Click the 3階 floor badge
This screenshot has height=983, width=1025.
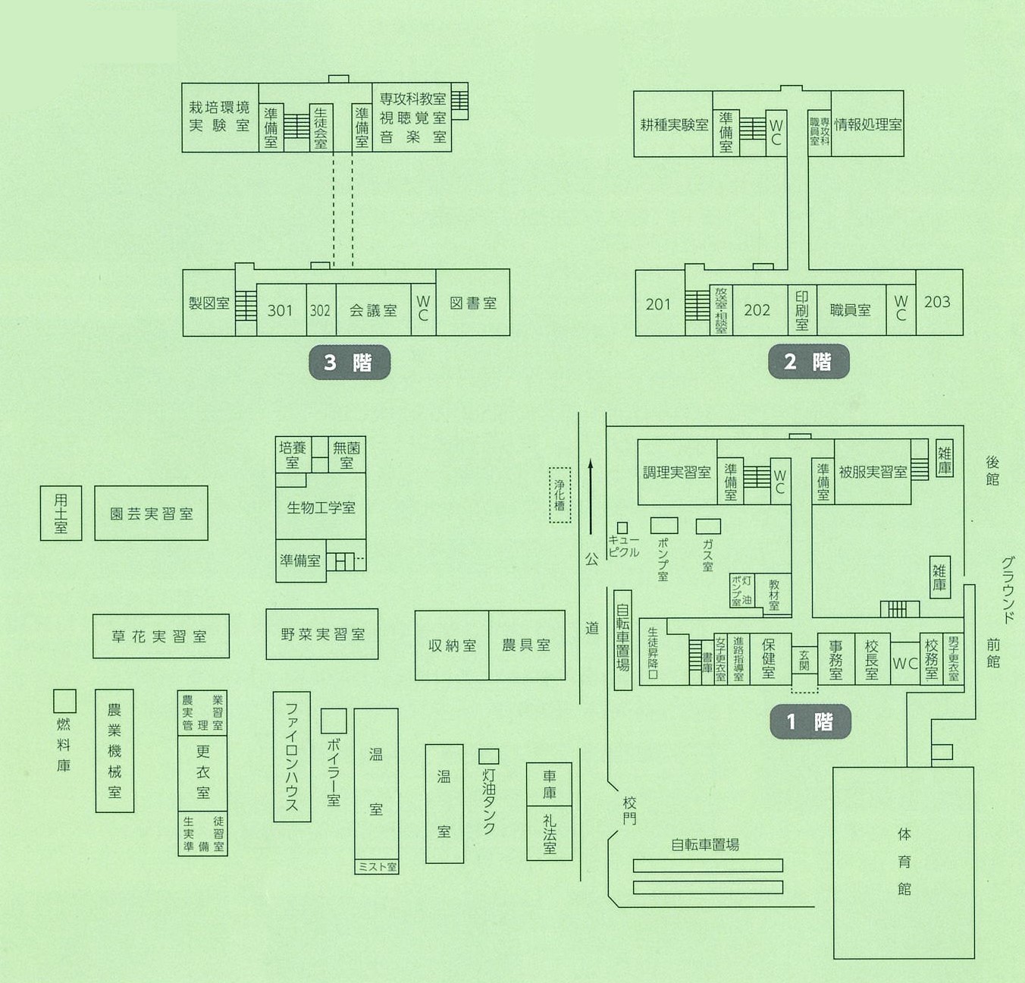click(x=350, y=363)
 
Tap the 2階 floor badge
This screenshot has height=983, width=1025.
click(x=809, y=362)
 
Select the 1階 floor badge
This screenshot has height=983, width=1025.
click(x=810, y=721)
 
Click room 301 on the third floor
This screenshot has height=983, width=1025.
click(x=281, y=309)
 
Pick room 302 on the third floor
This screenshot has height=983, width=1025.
click(x=321, y=309)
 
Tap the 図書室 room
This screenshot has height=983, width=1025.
click(x=473, y=303)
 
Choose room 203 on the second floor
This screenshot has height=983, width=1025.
click(x=939, y=302)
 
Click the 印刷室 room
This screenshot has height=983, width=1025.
click(x=802, y=310)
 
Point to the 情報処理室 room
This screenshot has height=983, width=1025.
click(x=868, y=124)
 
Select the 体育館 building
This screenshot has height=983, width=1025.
click(x=904, y=862)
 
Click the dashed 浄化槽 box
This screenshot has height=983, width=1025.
click(x=560, y=495)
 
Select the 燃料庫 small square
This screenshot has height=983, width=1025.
click(x=64, y=701)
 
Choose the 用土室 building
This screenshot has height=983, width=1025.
click(x=61, y=513)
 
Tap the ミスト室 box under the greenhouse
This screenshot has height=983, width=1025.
click(x=377, y=866)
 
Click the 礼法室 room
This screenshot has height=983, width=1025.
click(x=550, y=834)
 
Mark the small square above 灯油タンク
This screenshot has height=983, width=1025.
click(x=489, y=756)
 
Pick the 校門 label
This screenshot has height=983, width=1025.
click(x=629, y=810)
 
